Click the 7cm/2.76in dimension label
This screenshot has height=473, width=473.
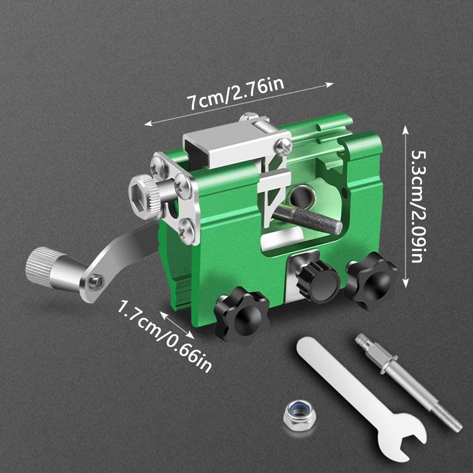tap(235, 95)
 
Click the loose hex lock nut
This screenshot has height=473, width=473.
tap(300, 413)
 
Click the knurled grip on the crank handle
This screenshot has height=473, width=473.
tap(39, 265)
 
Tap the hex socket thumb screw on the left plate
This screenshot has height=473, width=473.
tap(144, 196)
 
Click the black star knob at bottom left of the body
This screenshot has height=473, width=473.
tap(241, 315)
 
